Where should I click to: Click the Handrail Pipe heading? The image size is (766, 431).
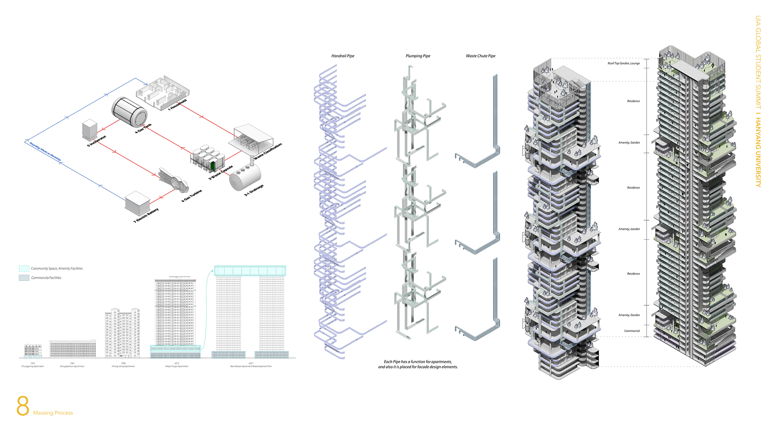point(343,56)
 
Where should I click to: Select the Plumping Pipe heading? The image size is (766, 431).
point(418,56)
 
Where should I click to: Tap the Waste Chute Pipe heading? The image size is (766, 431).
point(480,56)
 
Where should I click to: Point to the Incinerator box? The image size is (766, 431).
point(90,129)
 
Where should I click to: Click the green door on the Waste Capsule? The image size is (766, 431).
point(213,165)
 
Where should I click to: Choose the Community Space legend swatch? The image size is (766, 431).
point(24,269)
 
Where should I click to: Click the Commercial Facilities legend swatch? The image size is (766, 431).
point(24,278)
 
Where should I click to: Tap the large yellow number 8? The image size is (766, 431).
point(23,406)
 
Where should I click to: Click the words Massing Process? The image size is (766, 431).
point(53,413)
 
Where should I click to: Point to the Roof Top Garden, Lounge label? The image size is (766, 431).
point(624,63)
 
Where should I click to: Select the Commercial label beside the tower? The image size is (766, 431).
point(632,331)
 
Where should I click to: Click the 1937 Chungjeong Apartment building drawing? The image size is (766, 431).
point(33,350)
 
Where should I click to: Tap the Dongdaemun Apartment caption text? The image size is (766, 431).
point(72,366)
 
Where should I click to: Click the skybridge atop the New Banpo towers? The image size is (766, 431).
point(250,271)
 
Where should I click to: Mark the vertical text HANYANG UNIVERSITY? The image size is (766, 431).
point(758,152)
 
